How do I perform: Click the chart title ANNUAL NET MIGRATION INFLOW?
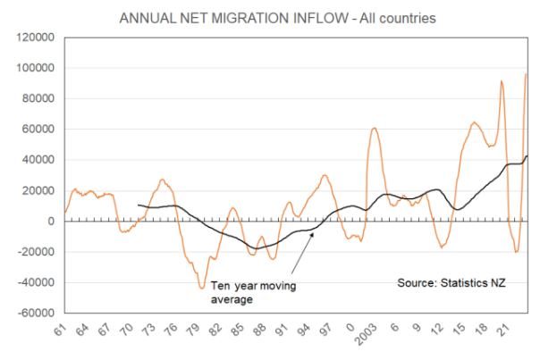click(x=269, y=17)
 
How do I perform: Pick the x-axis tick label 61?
click(x=61, y=330)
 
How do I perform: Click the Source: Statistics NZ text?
click(x=451, y=283)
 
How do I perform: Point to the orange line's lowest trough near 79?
click(x=202, y=288)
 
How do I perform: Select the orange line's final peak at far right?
click(x=526, y=74)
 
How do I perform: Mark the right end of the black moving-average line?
click(x=527, y=156)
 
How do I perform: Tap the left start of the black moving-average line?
click(x=139, y=205)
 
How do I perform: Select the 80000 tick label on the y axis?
click(x=36, y=99)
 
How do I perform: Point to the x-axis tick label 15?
click(x=460, y=330)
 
